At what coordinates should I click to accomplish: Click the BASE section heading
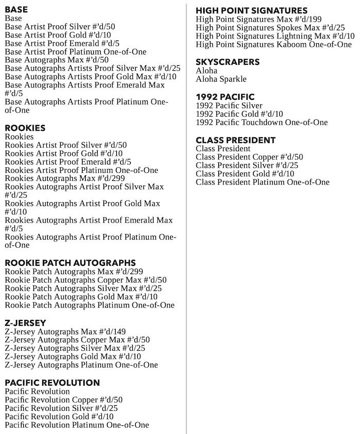point(16,9)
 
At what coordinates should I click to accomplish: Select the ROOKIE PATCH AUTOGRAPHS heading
point(70,263)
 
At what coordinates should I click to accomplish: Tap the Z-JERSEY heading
point(26,323)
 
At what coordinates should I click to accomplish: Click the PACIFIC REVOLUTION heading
point(52,383)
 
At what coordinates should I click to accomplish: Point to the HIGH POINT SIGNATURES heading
point(251,10)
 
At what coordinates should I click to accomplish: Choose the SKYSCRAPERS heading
point(227,62)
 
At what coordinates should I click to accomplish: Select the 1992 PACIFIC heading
point(225,97)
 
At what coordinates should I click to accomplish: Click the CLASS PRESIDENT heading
point(236,140)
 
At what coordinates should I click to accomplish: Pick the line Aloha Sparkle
point(221,79)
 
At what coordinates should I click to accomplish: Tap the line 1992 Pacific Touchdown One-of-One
point(262,122)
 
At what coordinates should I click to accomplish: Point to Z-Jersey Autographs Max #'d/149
point(65,332)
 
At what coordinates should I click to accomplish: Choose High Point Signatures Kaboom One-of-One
point(274,45)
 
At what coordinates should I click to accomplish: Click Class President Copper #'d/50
point(249,157)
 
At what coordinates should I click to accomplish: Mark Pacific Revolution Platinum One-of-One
point(77,425)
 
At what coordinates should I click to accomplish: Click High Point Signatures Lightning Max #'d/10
point(275,36)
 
